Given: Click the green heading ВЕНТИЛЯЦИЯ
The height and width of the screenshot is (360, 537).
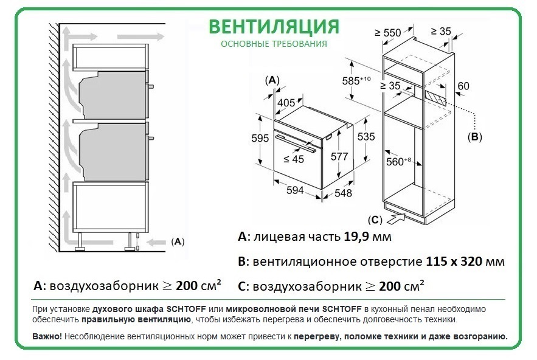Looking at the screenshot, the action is pyautogui.click(x=274, y=27).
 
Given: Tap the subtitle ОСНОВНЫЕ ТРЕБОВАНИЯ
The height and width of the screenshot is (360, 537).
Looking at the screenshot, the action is pyautogui.click(x=274, y=44).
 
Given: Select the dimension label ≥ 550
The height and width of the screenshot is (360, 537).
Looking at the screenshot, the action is pyautogui.click(x=387, y=33).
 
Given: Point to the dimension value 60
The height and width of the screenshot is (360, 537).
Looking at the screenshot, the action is pyautogui.click(x=463, y=86).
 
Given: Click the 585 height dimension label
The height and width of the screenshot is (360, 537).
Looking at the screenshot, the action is pyautogui.click(x=356, y=80).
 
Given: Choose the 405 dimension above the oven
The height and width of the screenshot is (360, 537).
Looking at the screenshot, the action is pyautogui.click(x=286, y=102).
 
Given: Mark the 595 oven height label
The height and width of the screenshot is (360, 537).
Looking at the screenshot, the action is pyautogui.click(x=260, y=138).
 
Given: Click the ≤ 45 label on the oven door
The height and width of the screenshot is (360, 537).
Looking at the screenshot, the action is pyautogui.click(x=294, y=159).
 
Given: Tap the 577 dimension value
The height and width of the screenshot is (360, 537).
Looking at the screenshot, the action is pyautogui.click(x=339, y=156).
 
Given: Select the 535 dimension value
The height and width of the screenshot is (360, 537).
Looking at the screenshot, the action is pyautogui.click(x=366, y=137).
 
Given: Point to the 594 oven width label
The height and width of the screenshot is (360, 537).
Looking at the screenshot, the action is pyautogui.click(x=295, y=190).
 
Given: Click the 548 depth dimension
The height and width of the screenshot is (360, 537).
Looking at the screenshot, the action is pyautogui.click(x=343, y=193).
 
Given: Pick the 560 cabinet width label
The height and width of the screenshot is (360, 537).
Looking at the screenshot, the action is pyautogui.click(x=398, y=161).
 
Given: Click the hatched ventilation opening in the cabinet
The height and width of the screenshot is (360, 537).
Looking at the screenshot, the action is pyautogui.click(x=435, y=99).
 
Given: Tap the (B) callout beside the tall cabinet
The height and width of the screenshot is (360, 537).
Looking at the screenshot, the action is pyautogui.click(x=475, y=137).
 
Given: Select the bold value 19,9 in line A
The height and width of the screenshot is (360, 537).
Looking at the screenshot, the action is pyautogui.click(x=356, y=237).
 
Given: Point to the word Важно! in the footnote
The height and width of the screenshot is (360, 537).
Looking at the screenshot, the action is pyautogui.click(x=47, y=336).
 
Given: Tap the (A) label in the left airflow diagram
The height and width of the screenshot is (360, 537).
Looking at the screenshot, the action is pyautogui.click(x=178, y=242).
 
